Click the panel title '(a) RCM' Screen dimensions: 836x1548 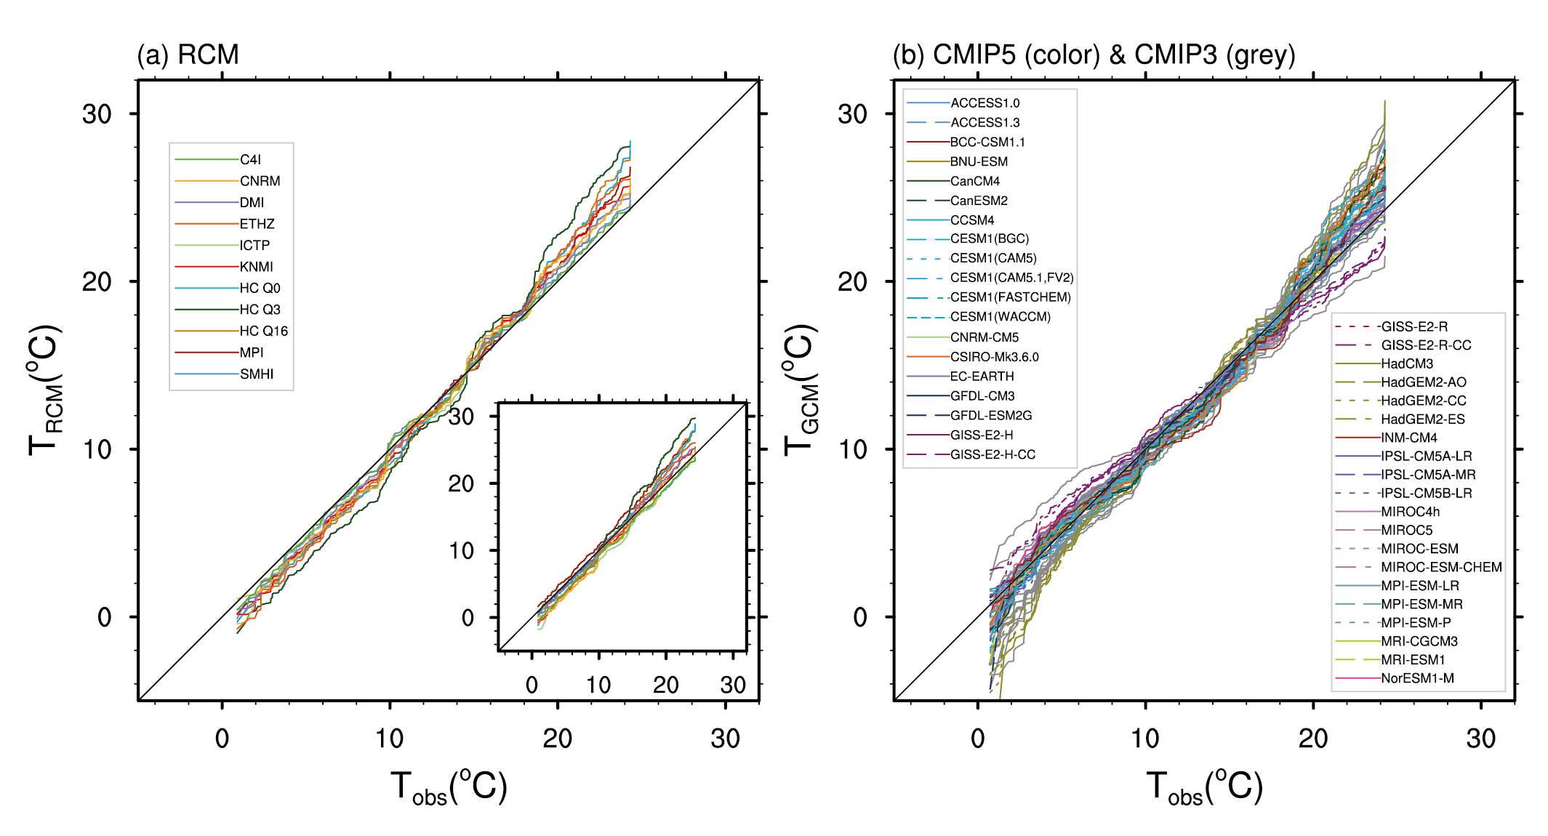(188, 55)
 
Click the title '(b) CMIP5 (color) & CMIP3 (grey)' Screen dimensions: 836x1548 (1094, 55)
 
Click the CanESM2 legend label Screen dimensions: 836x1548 (979, 201)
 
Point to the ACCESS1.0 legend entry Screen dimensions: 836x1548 (984, 103)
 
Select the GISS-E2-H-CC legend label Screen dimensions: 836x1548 (992, 455)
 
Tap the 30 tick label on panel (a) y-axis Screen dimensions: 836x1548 (97, 114)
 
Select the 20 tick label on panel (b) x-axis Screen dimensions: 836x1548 (1313, 739)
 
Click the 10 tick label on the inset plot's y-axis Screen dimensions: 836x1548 (461, 551)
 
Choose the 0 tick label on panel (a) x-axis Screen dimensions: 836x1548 (222, 739)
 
